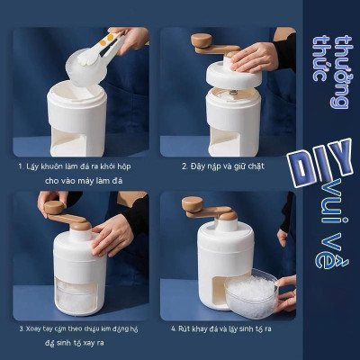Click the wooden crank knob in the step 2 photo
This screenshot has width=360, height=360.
point(201,40)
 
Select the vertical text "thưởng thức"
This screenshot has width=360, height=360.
point(330,72)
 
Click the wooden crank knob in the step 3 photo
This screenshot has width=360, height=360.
point(53,208)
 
